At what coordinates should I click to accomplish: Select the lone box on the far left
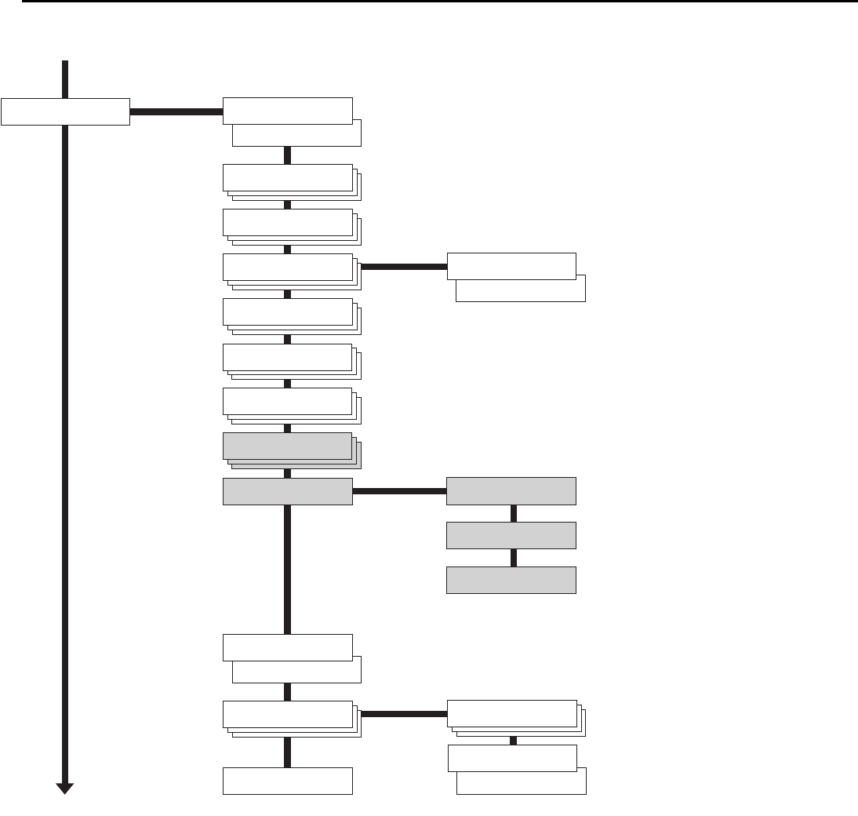(x=65, y=111)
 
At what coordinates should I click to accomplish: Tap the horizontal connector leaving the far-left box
(x=176, y=111)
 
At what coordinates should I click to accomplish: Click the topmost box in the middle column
(x=288, y=111)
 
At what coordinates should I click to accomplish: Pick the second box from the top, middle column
(x=288, y=178)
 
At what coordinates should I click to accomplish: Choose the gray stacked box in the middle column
(x=288, y=446)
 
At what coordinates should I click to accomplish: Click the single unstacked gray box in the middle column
(x=288, y=491)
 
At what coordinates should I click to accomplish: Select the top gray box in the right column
(x=511, y=491)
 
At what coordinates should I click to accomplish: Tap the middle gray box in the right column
(x=511, y=536)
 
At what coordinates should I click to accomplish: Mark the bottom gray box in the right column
(x=511, y=581)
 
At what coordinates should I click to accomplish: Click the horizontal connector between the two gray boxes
(x=399, y=491)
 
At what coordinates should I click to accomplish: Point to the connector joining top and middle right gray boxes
(x=514, y=513)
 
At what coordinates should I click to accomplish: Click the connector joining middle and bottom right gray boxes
(x=514, y=558)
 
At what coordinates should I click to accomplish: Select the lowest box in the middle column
(x=288, y=781)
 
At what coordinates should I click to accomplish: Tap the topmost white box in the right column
(x=511, y=267)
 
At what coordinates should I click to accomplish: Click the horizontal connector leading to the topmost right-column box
(x=403, y=267)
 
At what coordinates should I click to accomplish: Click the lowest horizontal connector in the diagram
(x=403, y=714)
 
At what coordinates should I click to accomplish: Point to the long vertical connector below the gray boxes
(x=287, y=569)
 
